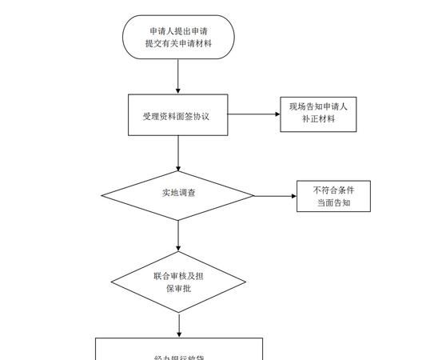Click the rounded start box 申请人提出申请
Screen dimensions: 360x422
(x=178, y=38)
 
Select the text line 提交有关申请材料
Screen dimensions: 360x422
(x=178, y=45)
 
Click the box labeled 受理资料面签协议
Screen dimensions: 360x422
(x=177, y=116)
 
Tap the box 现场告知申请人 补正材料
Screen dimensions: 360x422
(x=319, y=114)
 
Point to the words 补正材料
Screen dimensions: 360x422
(x=319, y=121)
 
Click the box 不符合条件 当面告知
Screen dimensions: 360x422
(x=333, y=197)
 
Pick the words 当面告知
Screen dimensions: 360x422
(x=333, y=204)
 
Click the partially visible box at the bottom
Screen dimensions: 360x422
(x=178, y=349)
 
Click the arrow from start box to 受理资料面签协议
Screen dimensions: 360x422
(x=178, y=77)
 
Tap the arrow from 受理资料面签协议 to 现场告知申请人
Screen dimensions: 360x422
(x=254, y=115)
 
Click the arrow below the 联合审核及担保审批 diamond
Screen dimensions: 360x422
(x=178, y=323)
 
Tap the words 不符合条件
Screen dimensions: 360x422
(x=333, y=190)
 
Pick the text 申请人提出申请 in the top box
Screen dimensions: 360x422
(x=178, y=31)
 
